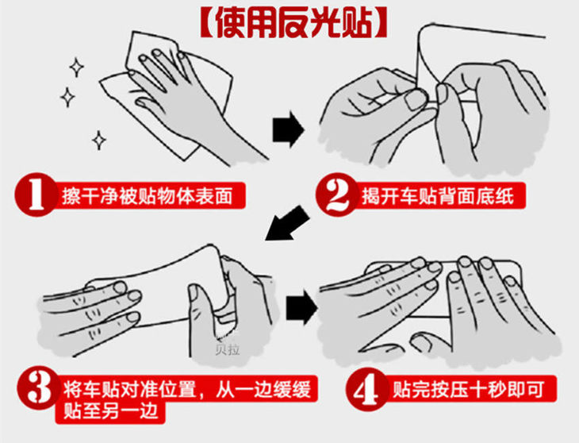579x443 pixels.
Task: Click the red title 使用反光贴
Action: click(294, 21)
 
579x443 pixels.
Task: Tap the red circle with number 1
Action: click(36, 195)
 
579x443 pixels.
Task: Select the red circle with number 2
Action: click(337, 195)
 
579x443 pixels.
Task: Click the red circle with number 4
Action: click(367, 389)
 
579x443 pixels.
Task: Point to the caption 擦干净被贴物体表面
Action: click(147, 195)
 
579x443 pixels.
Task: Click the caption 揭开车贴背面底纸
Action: click(438, 195)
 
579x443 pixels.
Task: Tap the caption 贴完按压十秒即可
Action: click(468, 390)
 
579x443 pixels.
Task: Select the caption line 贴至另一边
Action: click(111, 410)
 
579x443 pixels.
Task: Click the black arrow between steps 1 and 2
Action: click(289, 129)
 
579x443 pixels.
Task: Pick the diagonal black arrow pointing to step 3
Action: click(288, 223)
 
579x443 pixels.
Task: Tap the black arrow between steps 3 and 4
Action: click(301, 307)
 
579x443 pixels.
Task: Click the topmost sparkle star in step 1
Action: click(76, 67)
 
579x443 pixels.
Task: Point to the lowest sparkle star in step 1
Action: click(99, 140)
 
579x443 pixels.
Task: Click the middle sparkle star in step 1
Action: click(67, 97)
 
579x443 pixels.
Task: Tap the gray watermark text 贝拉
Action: click(228, 349)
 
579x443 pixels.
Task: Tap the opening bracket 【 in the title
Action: click(207, 21)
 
